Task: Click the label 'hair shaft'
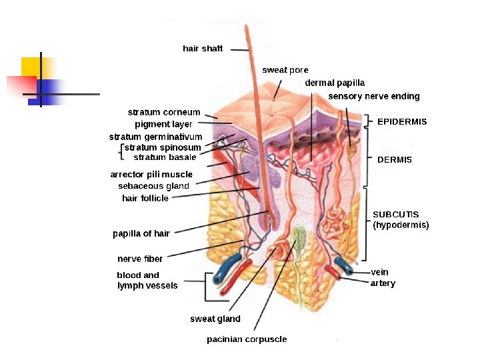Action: click(203, 49)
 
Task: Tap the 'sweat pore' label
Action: click(285, 70)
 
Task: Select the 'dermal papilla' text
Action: click(335, 83)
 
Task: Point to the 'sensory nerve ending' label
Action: click(374, 97)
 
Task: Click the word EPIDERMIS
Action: click(402, 122)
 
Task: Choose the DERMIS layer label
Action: click(395, 160)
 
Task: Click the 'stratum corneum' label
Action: click(163, 113)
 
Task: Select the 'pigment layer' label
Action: click(163, 125)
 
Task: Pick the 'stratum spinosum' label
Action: click(163, 147)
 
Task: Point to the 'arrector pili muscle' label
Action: click(151, 175)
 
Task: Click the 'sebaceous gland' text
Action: click(153, 186)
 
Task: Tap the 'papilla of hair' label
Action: click(141, 234)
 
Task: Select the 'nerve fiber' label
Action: click(140, 259)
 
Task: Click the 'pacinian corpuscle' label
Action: click(247, 339)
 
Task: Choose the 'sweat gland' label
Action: click(215, 319)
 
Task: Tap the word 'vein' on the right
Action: click(380, 272)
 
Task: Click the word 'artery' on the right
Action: click(383, 283)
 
